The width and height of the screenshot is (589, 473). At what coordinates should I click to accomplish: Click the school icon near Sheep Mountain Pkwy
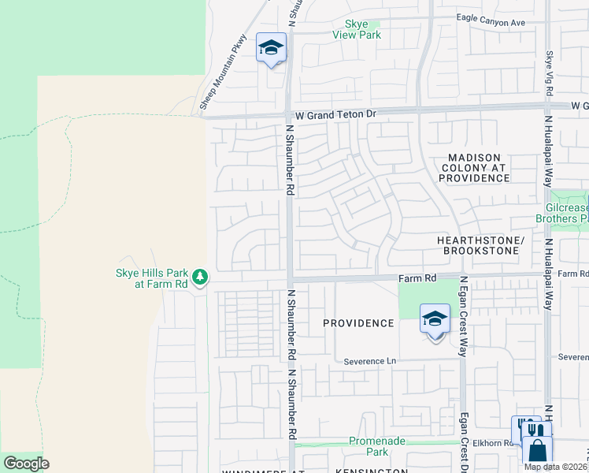(x=271, y=49)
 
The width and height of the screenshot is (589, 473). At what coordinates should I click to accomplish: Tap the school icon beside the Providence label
(x=434, y=319)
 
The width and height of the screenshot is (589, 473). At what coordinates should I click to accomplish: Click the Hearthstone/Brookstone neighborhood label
(x=479, y=245)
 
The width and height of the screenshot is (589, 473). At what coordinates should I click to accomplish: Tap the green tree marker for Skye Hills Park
(x=201, y=277)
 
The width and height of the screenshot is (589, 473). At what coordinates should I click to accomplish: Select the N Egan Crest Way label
(x=464, y=316)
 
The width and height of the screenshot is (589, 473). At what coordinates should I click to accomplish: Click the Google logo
(x=26, y=464)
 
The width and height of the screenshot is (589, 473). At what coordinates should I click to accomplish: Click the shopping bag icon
(x=538, y=450)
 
